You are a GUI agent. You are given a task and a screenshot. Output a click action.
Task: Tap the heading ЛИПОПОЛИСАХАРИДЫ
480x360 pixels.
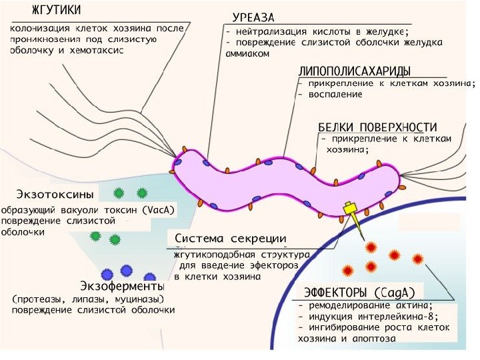click(353, 71)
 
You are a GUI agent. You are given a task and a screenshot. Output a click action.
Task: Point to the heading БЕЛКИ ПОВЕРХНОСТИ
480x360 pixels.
click(377, 127)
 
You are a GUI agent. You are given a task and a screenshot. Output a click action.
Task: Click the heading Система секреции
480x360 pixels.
click(231, 239)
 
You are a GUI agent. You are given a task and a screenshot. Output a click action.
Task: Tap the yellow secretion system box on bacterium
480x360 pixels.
click(349, 209)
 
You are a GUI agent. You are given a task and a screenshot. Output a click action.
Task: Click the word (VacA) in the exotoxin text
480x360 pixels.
click(158, 209)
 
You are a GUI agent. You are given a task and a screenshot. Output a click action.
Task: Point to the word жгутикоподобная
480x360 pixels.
click(209, 255)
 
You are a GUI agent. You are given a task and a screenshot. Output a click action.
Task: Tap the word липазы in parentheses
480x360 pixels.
click(88, 298)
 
